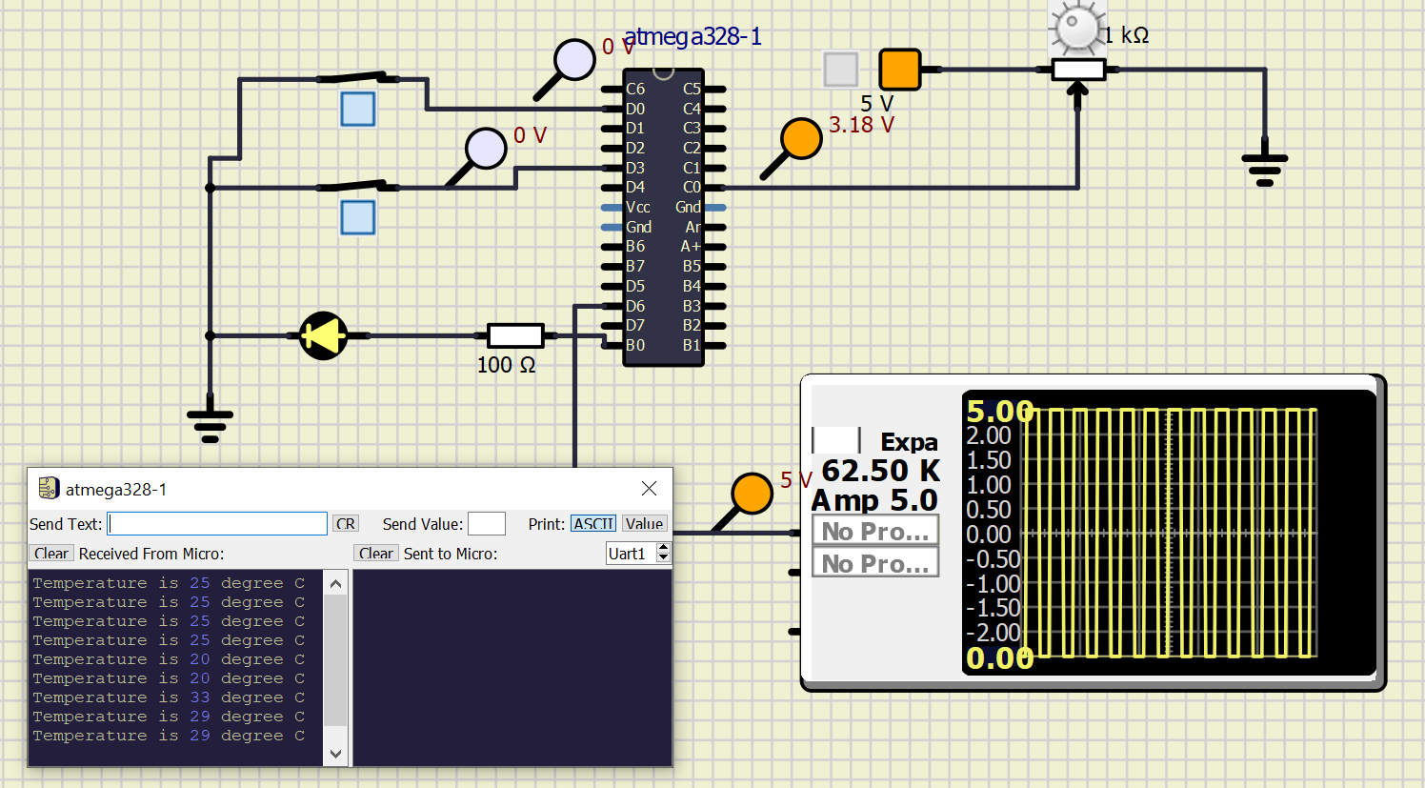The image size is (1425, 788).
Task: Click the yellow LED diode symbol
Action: coord(323,335)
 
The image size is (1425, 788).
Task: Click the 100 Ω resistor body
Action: coord(515,335)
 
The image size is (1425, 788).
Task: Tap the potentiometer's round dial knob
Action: coord(1077,27)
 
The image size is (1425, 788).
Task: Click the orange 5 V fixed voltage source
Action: coord(899,70)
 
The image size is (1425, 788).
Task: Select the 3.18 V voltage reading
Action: coord(861,126)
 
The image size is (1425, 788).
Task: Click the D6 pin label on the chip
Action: coord(635,306)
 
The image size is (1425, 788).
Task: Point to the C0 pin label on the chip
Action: coord(692,188)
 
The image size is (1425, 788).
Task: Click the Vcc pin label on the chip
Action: coord(638,208)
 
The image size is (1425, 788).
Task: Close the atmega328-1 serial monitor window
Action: coord(649,489)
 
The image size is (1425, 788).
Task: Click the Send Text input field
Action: coord(217,524)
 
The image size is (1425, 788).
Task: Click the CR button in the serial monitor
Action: coord(345,524)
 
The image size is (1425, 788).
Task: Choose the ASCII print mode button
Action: coord(592,524)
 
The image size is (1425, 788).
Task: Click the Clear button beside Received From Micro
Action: coord(51,554)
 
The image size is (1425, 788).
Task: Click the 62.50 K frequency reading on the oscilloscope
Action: coord(879,471)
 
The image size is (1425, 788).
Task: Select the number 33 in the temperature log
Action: coord(199,697)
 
